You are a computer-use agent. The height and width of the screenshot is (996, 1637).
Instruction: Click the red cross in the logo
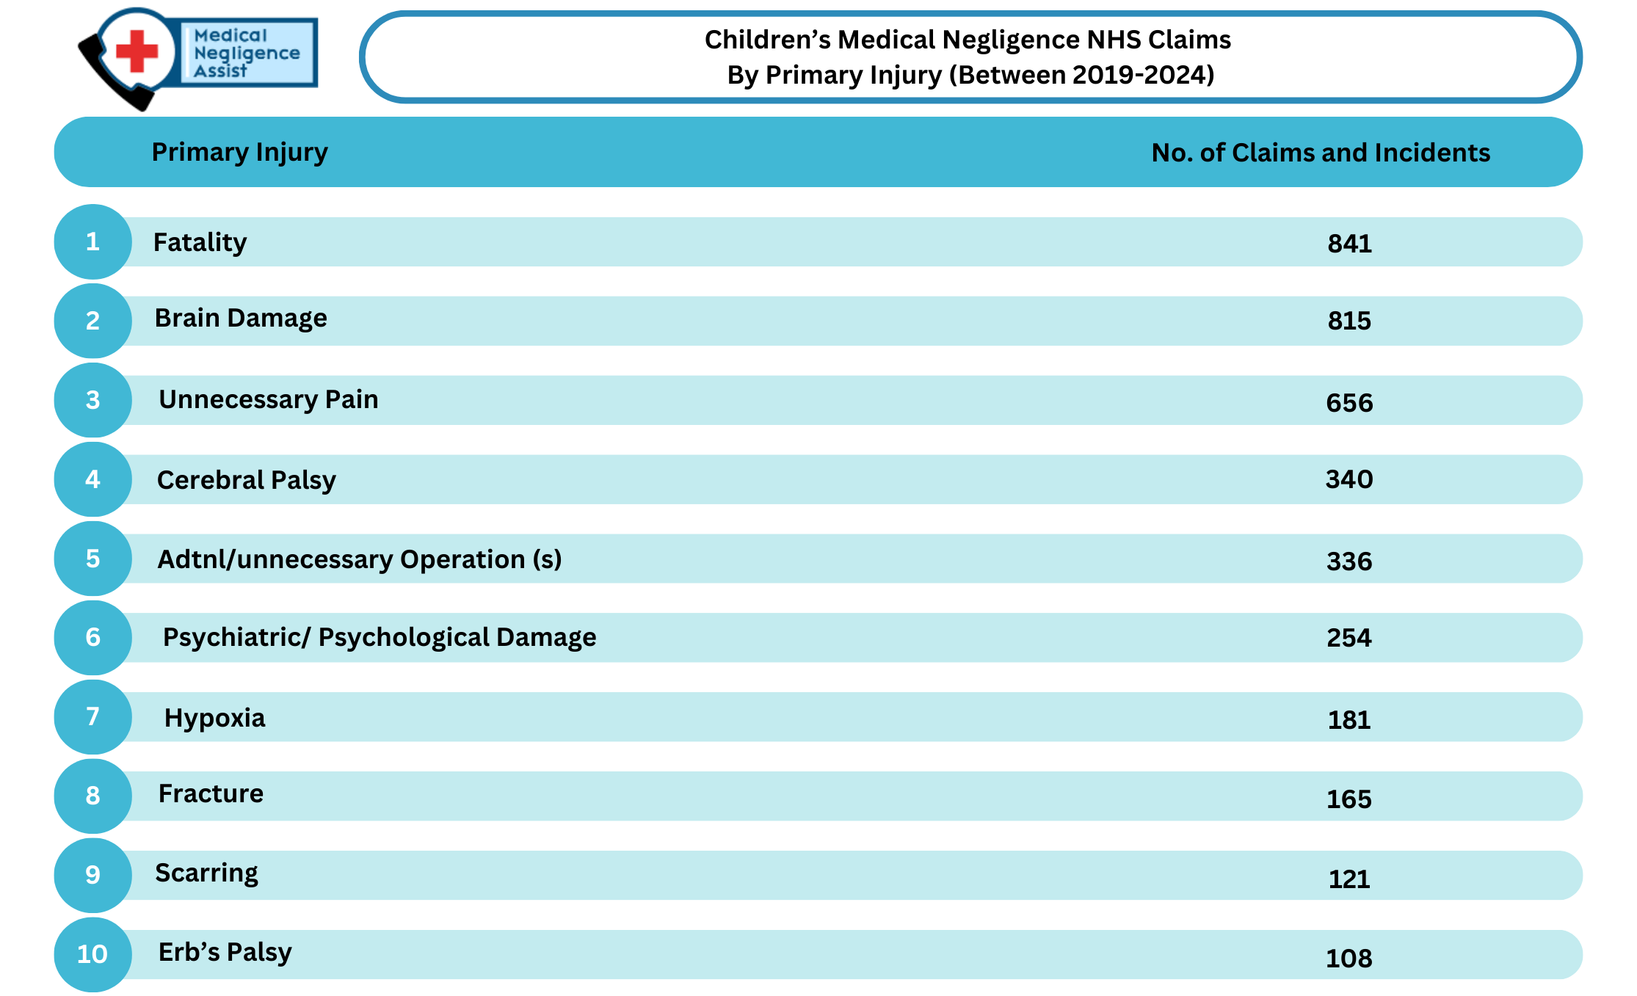click(137, 51)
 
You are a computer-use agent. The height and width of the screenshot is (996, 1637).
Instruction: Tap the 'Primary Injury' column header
click(239, 153)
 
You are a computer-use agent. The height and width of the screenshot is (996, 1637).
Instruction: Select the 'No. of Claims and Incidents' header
click(1321, 153)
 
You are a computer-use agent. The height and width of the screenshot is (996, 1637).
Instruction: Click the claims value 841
click(1349, 243)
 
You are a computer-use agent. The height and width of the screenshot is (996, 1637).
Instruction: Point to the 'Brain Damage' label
click(241, 319)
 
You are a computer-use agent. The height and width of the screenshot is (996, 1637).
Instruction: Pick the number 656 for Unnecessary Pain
click(1349, 402)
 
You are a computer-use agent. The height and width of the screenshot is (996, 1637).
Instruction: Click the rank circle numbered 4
click(92, 479)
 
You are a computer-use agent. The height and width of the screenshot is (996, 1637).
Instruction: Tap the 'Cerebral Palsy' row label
click(247, 480)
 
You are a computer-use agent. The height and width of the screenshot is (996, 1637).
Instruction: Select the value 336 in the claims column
click(1349, 561)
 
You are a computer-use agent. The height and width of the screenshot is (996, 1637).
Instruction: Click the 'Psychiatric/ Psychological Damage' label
click(380, 637)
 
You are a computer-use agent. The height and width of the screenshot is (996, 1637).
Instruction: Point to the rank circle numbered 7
click(92, 717)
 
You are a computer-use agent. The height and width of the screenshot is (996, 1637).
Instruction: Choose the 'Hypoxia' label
click(214, 718)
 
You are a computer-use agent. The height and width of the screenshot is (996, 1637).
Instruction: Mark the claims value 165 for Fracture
click(1349, 799)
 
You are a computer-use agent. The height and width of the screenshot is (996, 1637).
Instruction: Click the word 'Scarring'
click(206, 873)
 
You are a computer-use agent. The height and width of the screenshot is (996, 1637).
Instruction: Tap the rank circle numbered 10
click(92, 954)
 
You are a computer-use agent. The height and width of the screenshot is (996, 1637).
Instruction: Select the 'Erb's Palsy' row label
click(225, 952)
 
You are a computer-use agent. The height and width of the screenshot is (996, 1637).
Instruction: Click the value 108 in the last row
click(1349, 958)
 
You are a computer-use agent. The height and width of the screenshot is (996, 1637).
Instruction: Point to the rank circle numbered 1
click(92, 241)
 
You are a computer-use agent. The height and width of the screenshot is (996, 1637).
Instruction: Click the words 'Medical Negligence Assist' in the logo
click(247, 53)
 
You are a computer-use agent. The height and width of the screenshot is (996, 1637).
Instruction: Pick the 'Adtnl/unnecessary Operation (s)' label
click(360, 559)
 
